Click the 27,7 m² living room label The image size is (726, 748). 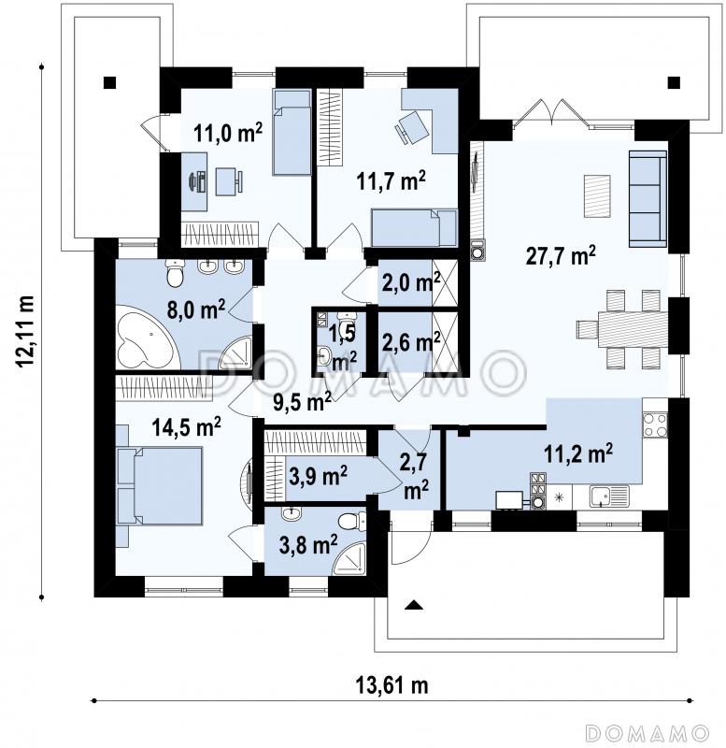561,256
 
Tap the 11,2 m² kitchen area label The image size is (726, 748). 578,453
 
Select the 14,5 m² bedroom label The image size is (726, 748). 186,426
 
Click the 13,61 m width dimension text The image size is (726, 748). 391,685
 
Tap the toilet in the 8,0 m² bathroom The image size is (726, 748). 175,273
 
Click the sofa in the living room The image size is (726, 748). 648,199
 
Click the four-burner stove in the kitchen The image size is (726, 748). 655,425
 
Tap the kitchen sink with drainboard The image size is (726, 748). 609,496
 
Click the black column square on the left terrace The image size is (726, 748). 109,83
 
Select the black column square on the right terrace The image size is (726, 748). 674,83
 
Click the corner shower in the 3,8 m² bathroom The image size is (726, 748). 350,557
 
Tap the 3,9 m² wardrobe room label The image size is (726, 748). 318,476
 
